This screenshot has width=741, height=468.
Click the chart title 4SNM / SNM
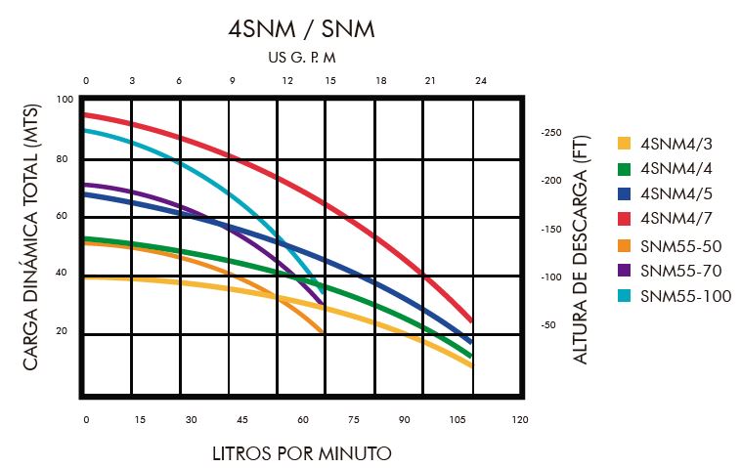pos(301,28)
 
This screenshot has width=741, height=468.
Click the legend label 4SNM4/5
pos(676,194)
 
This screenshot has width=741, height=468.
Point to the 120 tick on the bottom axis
pos(519,419)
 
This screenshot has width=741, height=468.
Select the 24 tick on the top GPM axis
pos(480,81)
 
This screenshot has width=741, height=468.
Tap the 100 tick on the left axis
pos(65,100)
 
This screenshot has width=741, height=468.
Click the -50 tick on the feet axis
pos(547,324)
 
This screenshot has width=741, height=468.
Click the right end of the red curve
pos(472,320)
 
